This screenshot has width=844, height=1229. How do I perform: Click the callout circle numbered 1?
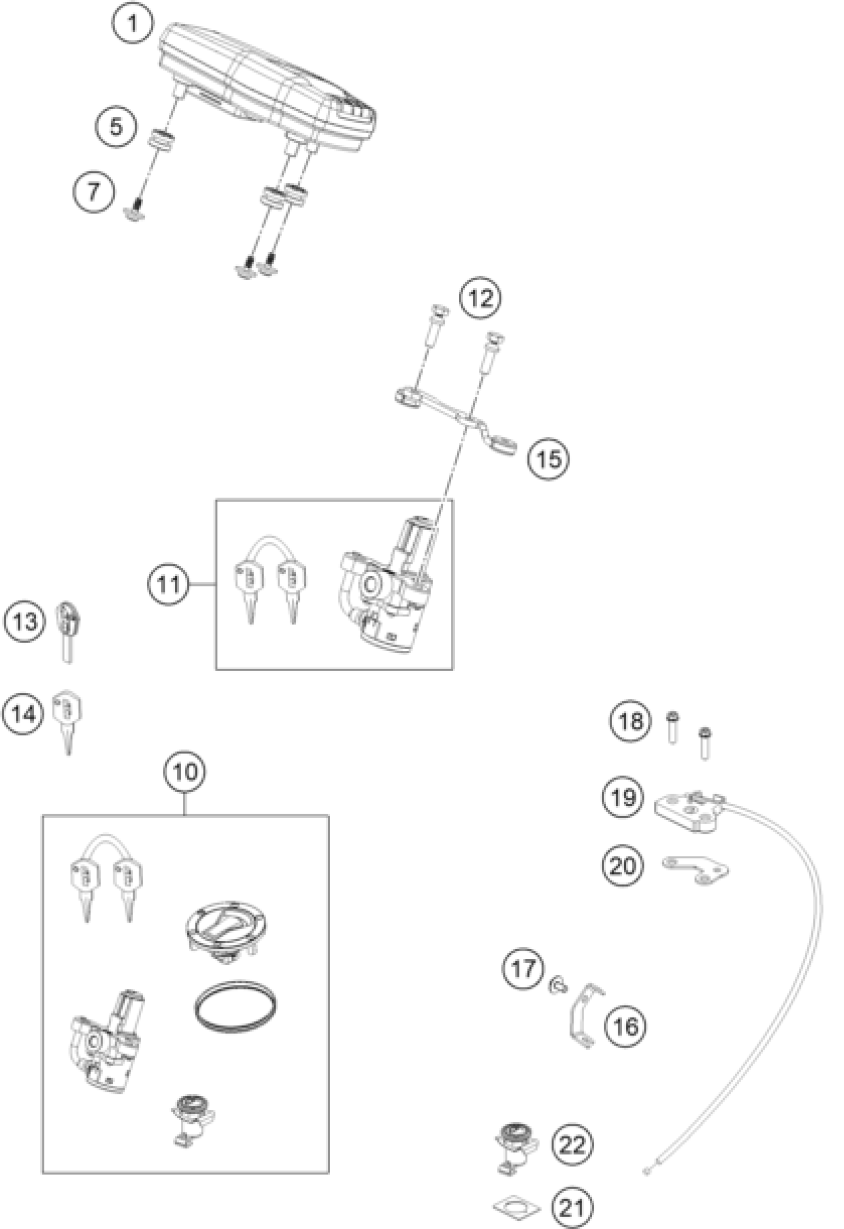pos(133,23)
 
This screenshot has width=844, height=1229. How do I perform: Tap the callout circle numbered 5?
pos(116,127)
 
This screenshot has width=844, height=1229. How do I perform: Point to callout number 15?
pos(549,458)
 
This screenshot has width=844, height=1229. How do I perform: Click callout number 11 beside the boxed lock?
pos(169,584)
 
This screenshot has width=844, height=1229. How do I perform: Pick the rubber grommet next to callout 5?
pos(160,142)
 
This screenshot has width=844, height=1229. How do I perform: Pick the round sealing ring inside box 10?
pos(235,1005)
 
